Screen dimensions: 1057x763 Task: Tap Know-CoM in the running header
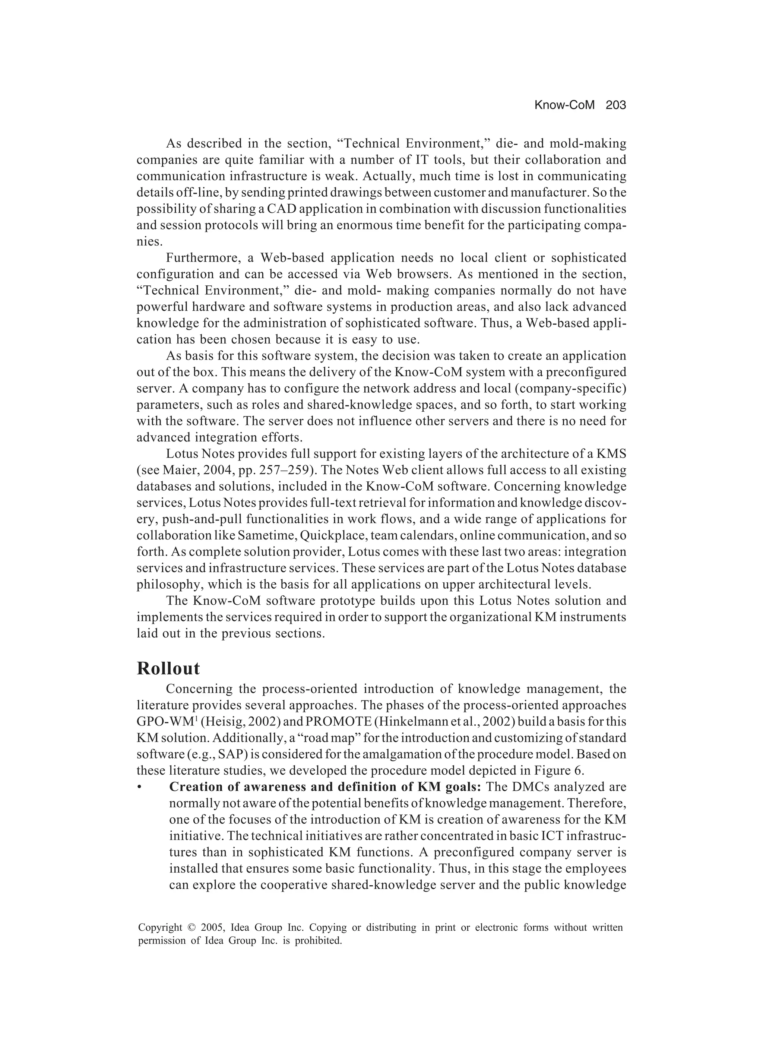(x=564, y=105)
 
